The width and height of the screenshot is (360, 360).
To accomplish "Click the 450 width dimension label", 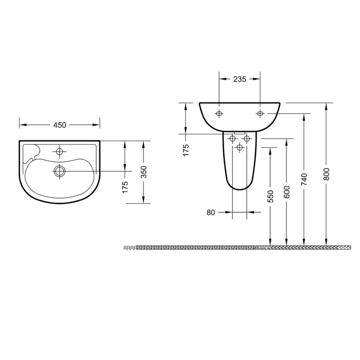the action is pyautogui.click(x=60, y=125).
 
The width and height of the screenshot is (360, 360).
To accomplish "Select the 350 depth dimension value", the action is pyautogui.click(x=144, y=172).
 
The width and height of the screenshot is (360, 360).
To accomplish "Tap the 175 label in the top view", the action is pyautogui.click(x=126, y=187).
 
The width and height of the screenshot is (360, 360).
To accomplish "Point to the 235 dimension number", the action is pyautogui.click(x=240, y=79).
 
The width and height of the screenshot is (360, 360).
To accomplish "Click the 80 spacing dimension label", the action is pyautogui.click(x=211, y=212).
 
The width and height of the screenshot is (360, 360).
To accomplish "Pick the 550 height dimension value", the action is pyautogui.click(x=271, y=196).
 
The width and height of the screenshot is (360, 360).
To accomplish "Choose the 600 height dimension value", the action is pyautogui.click(x=287, y=192).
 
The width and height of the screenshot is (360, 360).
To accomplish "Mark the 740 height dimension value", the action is pyautogui.click(x=304, y=180).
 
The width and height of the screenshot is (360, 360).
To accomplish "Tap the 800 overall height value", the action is pyautogui.click(x=327, y=174).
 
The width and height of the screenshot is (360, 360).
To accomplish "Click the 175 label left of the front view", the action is pyautogui.click(x=186, y=150).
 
